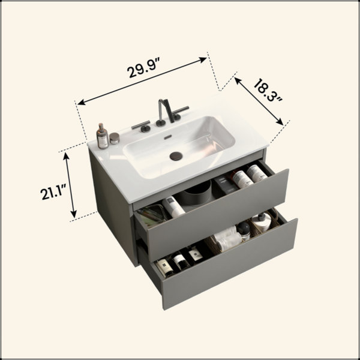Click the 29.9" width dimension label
143,67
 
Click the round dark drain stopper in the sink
176,155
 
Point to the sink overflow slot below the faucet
168,137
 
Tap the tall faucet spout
166,110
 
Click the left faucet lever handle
141,126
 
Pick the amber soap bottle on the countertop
103,136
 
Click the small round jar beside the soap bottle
115,138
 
